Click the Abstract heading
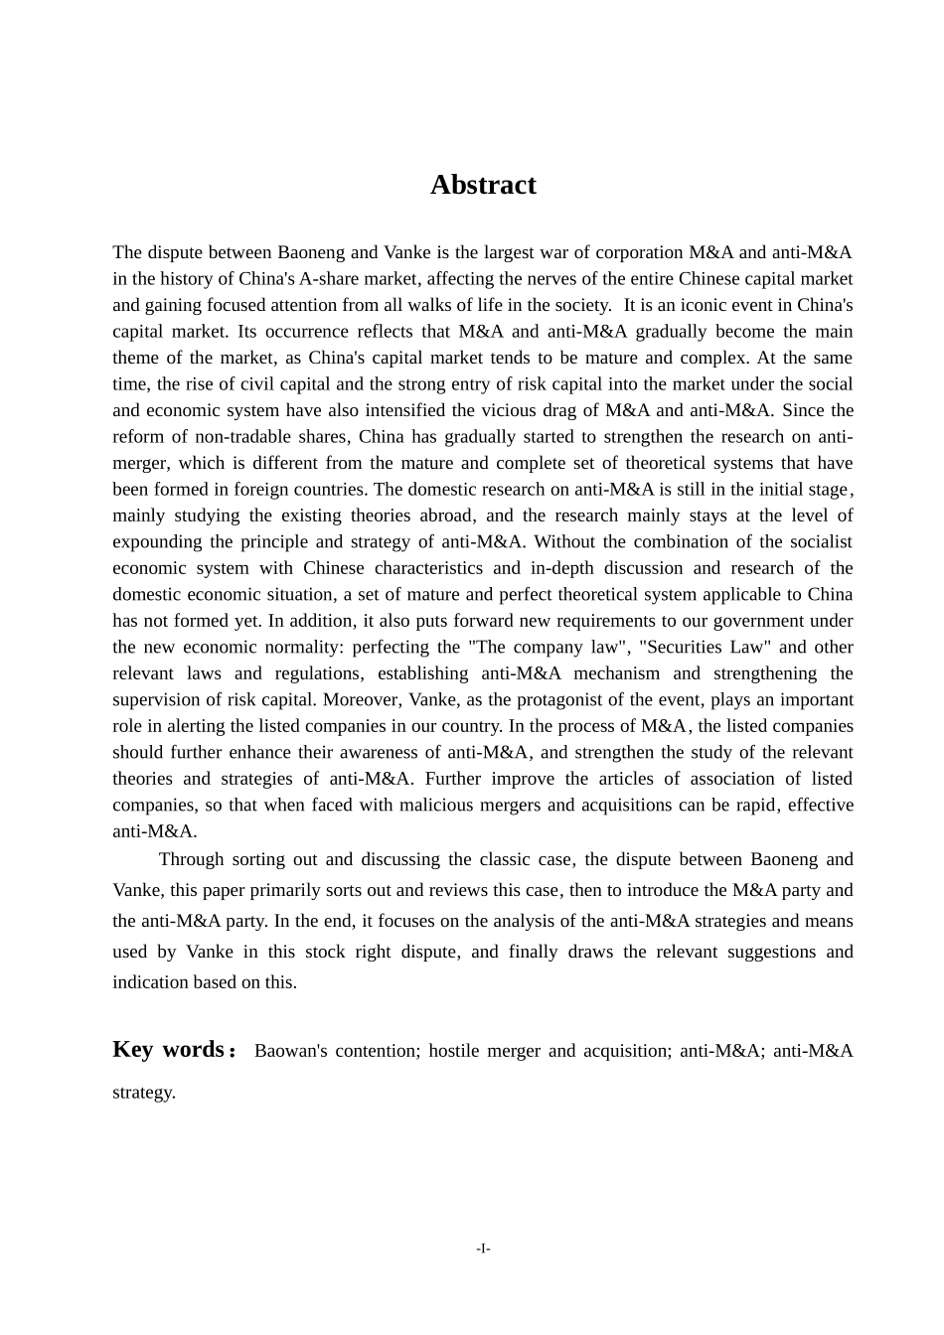pyautogui.click(x=483, y=185)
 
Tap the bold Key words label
pyautogui.click(x=169, y=1050)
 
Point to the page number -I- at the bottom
pyautogui.click(x=483, y=1249)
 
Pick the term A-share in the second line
pyautogui.click(x=332, y=279)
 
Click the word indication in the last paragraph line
pyautogui.click(x=151, y=982)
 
